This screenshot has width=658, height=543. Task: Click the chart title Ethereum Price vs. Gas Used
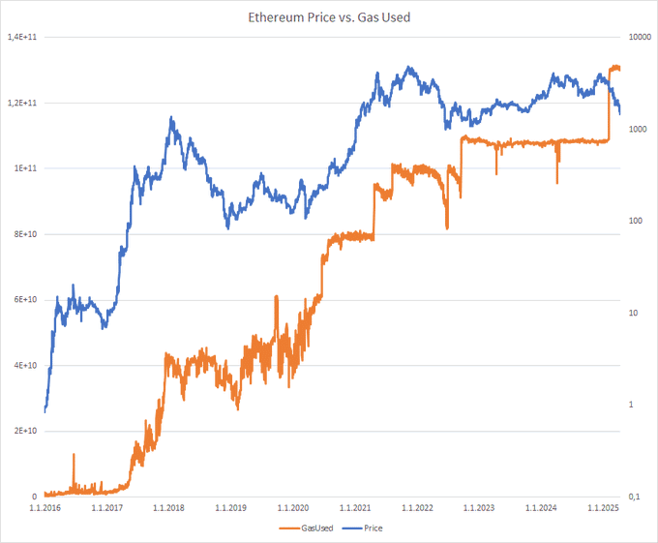click(x=329, y=15)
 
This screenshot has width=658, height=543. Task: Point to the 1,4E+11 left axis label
click(x=22, y=37)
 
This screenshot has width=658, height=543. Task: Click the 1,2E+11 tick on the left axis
click(x=22, y=103)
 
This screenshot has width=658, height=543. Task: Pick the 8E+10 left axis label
click(x=25, y=234)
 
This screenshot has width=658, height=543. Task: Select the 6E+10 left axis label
click(x=25, y=300)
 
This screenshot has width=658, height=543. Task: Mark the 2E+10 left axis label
click(x=25, y=432)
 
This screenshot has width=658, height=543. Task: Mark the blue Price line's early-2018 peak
click(x=171, y=119)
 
